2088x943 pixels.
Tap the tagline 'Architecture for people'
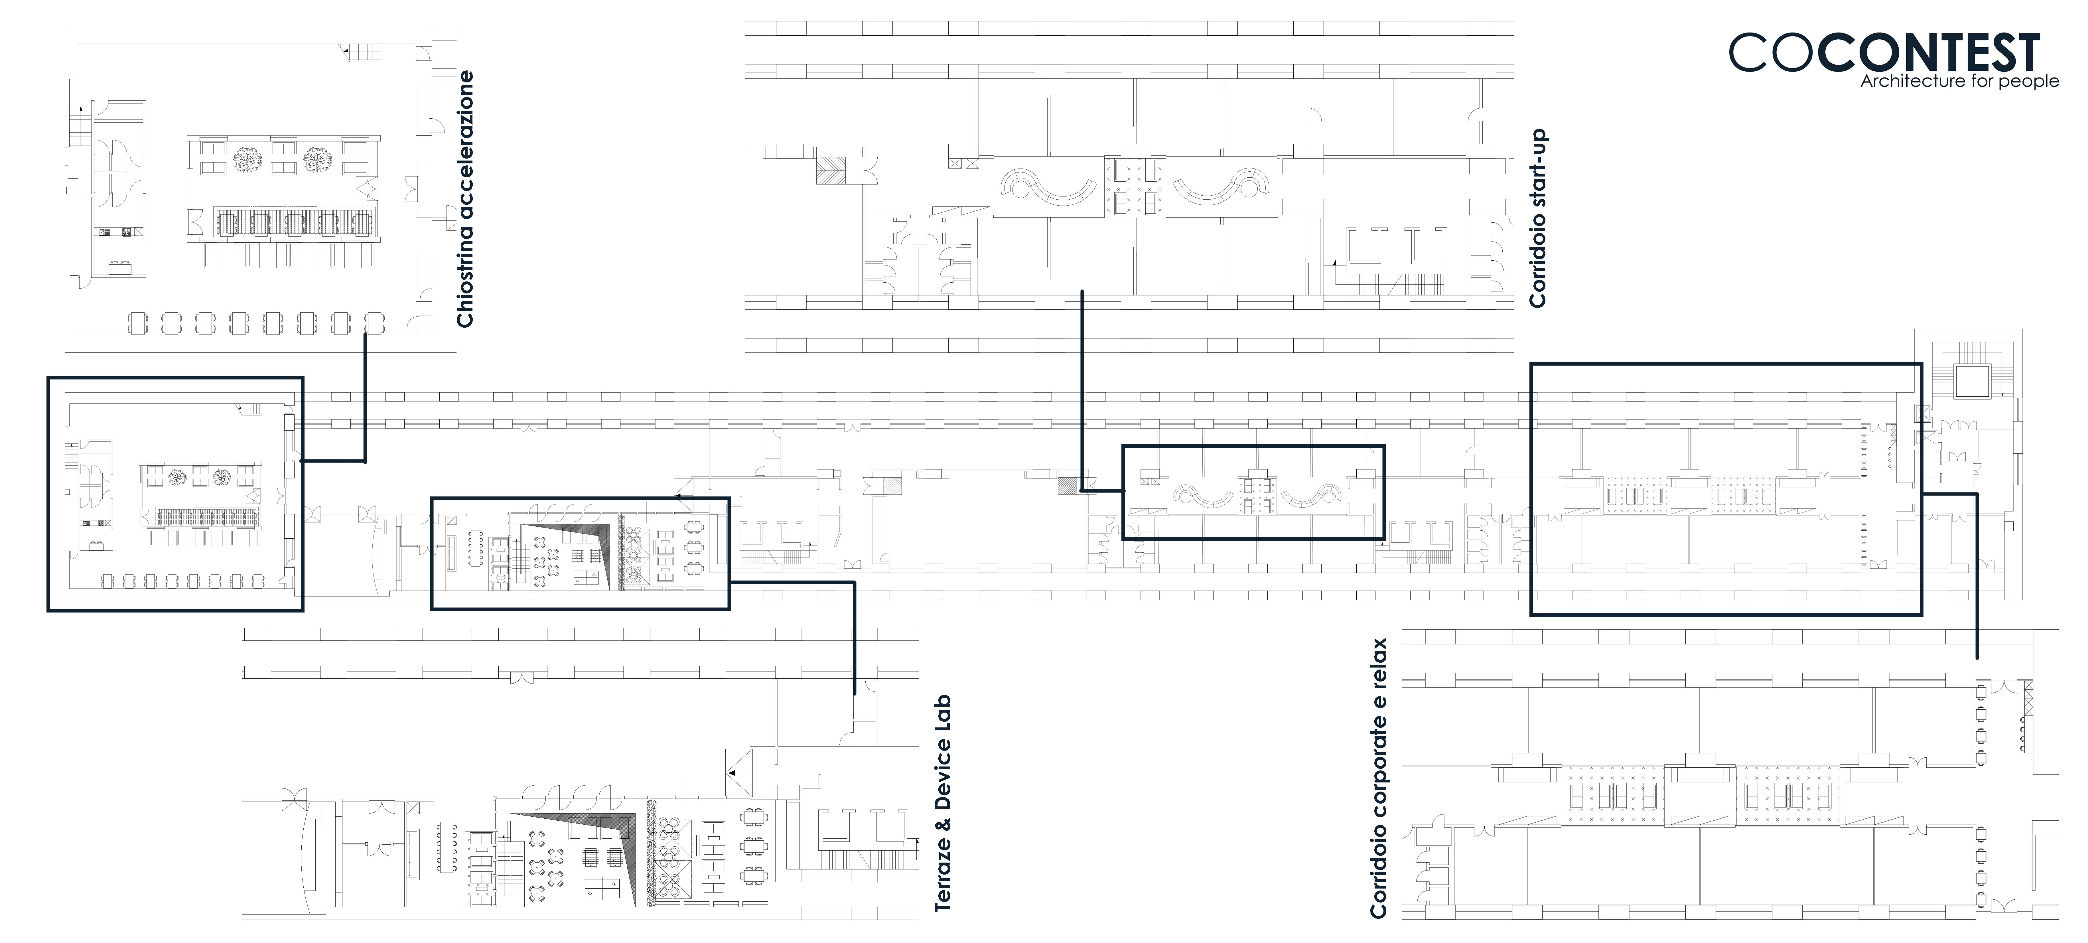coord(1959,81)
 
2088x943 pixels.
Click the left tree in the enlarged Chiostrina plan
coord(246,160)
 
